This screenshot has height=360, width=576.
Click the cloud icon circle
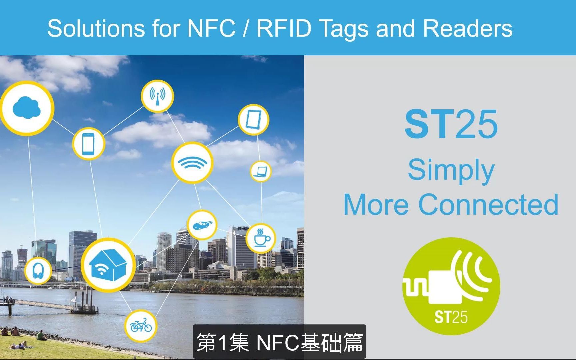tap(27, 108)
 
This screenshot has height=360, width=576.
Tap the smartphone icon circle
tap(88, 144)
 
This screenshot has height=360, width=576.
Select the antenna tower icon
tap(157, 96)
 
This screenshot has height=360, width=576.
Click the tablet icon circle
tap(253, 120)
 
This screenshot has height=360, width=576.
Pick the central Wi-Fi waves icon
tap(192, 163)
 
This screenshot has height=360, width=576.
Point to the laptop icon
tap(261, 171)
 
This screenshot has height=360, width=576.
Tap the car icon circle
tap(202, 225)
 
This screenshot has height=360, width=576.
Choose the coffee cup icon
tap(261, 238)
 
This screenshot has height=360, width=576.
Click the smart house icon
tap(108, 265)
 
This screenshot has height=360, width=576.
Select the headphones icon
tap(38, 270)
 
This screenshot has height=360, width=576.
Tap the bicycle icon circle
tap(141, 326)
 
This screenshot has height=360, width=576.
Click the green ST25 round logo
tap(451, 286)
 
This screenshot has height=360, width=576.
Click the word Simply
tap(451, 170)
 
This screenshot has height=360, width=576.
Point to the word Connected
tap(488, 205)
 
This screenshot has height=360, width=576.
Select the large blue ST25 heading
tap(451, 124)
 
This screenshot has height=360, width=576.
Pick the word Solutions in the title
tap(96, 28)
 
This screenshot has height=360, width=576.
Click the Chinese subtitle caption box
tap(279, 342)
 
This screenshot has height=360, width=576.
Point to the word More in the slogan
tap(376, 205)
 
